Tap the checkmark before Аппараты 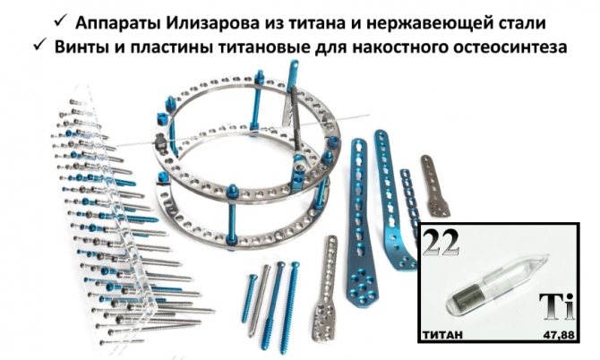pyautogui.click(x=61, y=21)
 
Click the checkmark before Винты pyautogui.click(x=39, y=45)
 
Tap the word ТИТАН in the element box pyautogui.click(x=442, y=335)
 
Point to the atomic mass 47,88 pyautogui.click(x=559, y=335)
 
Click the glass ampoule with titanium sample pyautogui.click(x=496, y=282)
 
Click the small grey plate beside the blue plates pyautogui.click(x=434, y=186)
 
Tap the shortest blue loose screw pyautogui.click(x=250, y=299)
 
